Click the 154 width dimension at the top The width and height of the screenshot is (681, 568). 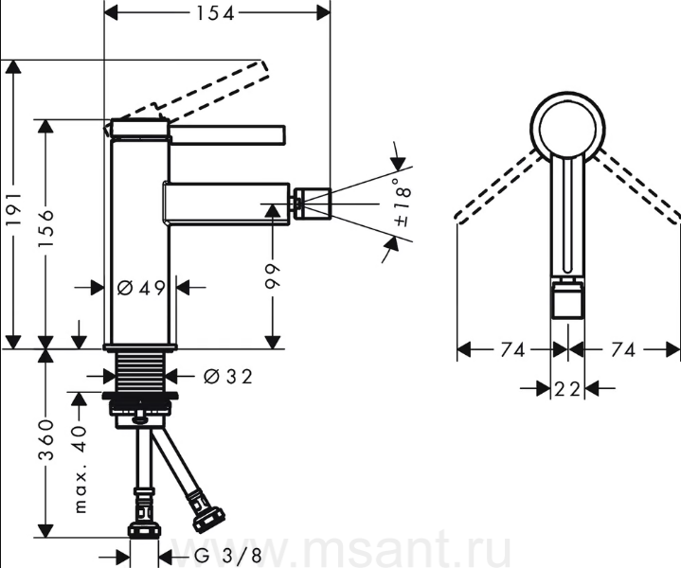(215, 13)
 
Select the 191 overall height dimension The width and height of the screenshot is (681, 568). (14, 208)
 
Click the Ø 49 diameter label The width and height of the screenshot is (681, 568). (141, 288)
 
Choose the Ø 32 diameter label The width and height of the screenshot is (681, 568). (228, 376)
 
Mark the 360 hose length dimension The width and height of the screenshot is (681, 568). (45, 440)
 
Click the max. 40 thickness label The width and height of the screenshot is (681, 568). (80, 469)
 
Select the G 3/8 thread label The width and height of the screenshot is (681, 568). (228, 556)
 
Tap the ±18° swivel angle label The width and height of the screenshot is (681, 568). (403, 202)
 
